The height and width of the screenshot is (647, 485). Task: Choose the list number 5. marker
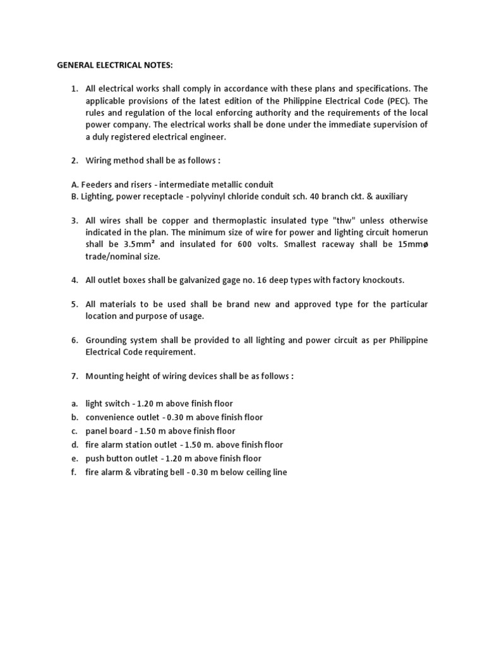point(74,304)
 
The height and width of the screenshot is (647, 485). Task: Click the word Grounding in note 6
point(107,340)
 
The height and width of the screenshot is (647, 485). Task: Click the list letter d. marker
point(74,445)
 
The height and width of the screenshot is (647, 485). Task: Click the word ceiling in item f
point(256,472)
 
